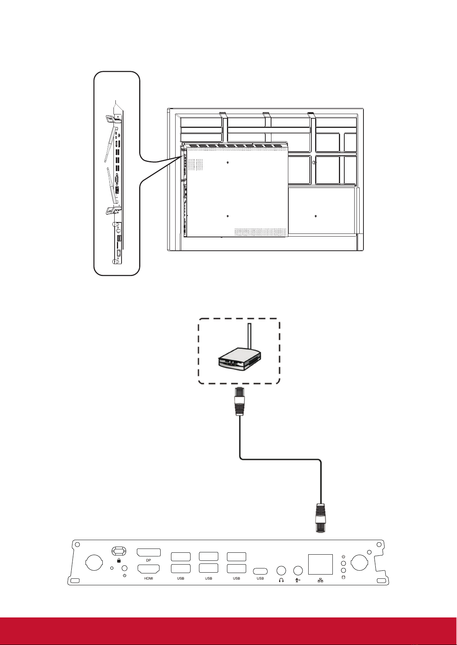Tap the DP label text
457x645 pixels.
[148, 560]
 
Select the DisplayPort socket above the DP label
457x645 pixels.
[148, 553]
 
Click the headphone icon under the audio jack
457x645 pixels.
[281, 580]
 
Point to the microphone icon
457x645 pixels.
[298, 580]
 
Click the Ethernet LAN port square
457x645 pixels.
[321, 564]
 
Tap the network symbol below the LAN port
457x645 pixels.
[321, 580]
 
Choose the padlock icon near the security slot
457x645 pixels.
[118, 560]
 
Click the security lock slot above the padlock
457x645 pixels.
[119, 551]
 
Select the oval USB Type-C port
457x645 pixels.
[260, 571]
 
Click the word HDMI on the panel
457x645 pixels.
[148, 578]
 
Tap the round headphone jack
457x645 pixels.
[281, 570]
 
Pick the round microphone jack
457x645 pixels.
[298, 570]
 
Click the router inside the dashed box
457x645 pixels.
[240, 359]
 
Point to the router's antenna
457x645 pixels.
[250, 337]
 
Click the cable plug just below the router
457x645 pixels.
[239, 401]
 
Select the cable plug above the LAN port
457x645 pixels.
[321, 518]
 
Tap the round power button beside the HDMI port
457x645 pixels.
[125, 568]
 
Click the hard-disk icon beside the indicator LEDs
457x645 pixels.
[343, 577]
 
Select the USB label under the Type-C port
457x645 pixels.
[260, 578]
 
